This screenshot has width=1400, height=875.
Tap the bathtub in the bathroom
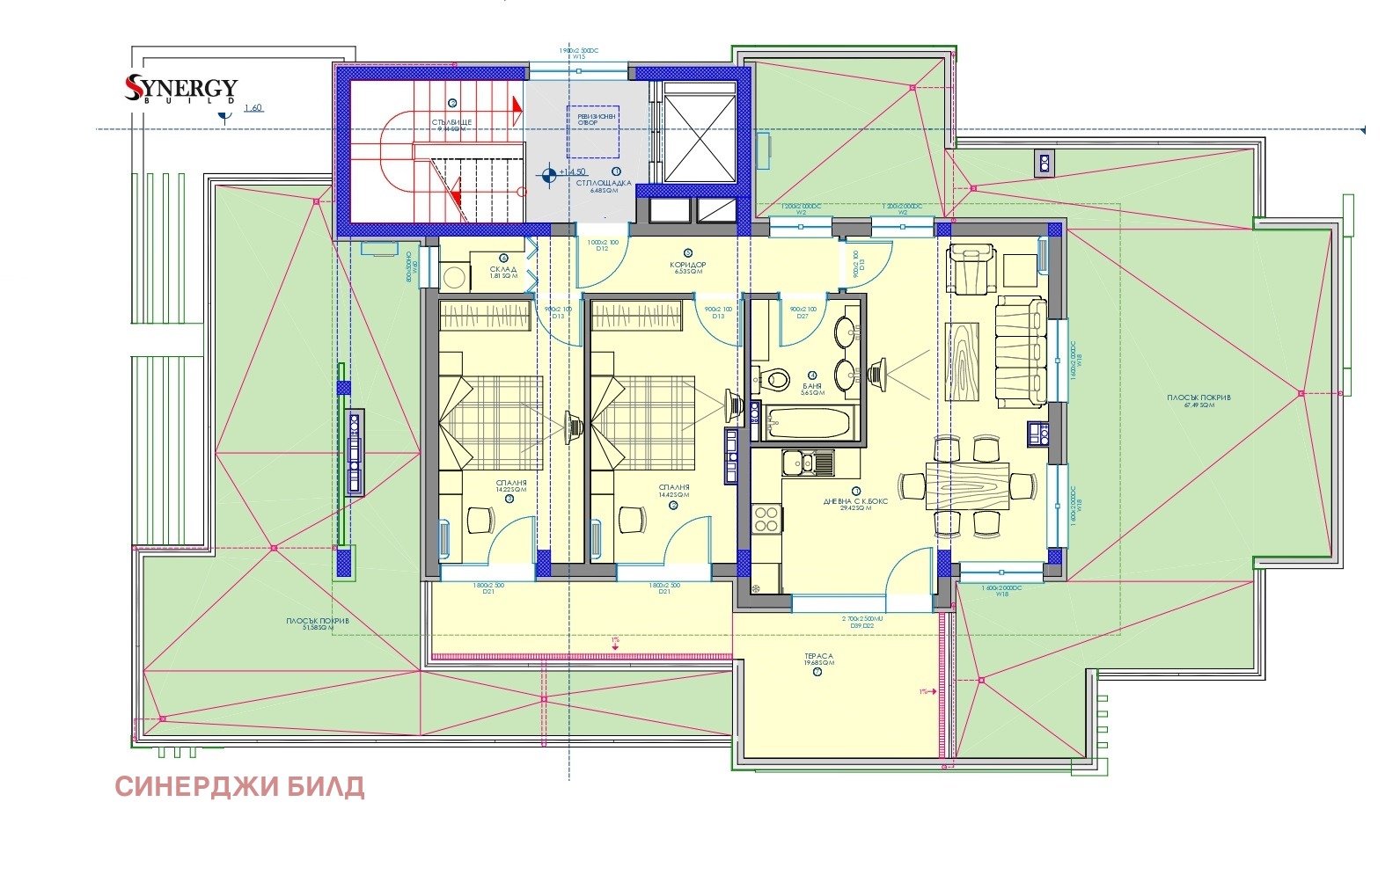(808, 423)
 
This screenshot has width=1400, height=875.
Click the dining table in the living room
(966, 485)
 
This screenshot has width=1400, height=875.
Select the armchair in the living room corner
(971, 269)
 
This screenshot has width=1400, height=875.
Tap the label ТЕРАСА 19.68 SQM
(818, 660)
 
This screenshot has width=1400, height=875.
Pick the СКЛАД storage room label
(504, 273)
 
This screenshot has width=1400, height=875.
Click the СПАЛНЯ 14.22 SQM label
(511, 487)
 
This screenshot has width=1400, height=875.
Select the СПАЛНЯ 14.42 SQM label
(674, 491)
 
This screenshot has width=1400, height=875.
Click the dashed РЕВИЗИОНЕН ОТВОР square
(591, 130)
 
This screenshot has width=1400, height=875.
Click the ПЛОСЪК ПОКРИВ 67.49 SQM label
(1198, 401)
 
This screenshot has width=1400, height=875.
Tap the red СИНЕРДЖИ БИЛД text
(239, 785)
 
